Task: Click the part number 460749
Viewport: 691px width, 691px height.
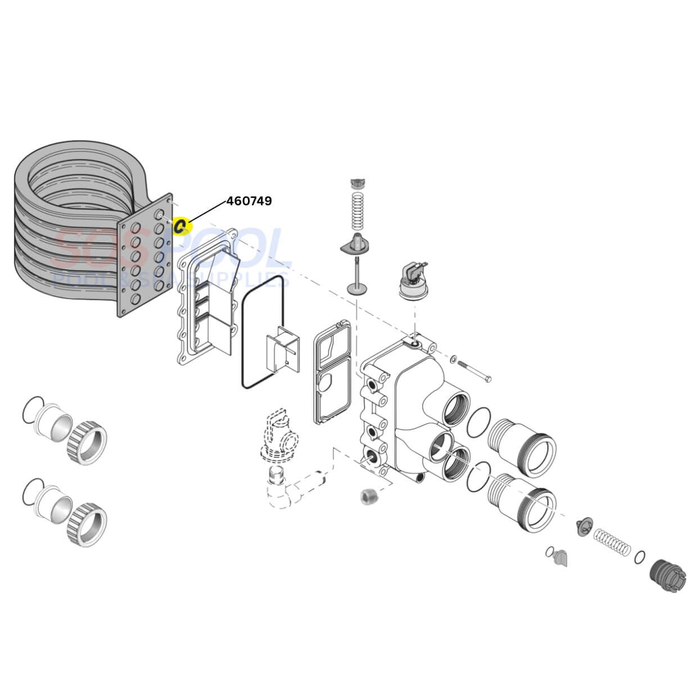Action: pos(249,201)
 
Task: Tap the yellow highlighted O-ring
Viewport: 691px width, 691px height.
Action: pos(182,226)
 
